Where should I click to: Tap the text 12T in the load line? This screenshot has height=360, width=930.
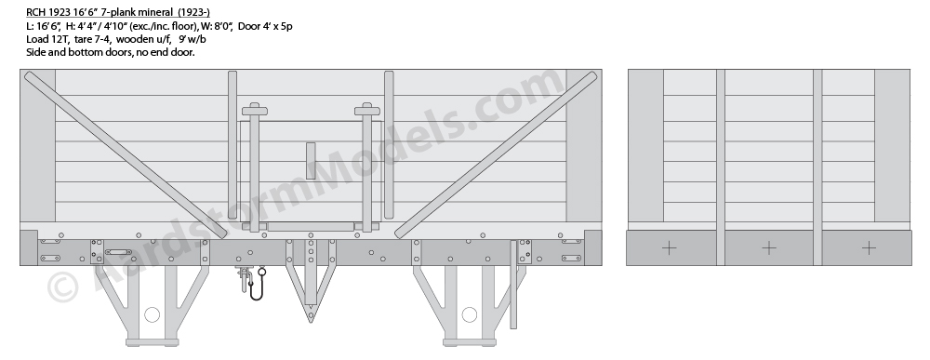pos(60,39)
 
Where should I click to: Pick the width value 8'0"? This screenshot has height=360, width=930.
pos(222,25)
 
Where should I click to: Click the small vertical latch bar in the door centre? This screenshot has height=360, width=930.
pos(311,161)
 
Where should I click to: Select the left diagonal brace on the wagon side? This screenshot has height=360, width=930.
pos(126,154)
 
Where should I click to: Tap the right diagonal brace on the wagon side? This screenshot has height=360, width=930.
pos(496,154)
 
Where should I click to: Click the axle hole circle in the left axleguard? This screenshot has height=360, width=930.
pos(152,314)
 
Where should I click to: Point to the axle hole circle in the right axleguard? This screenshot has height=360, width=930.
pos(469,314)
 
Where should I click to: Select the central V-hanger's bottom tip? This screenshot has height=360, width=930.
pos(311,322)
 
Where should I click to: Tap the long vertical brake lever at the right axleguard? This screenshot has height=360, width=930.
pos(513,284)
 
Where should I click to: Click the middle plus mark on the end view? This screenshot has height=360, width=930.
pos(769,248)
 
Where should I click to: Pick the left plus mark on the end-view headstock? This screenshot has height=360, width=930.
pos(669,248)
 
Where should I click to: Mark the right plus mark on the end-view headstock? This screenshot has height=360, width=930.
pos(869,248)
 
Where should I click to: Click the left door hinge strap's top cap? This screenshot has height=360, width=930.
pos(255,110)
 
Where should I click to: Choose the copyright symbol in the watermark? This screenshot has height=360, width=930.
pos(62,287)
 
